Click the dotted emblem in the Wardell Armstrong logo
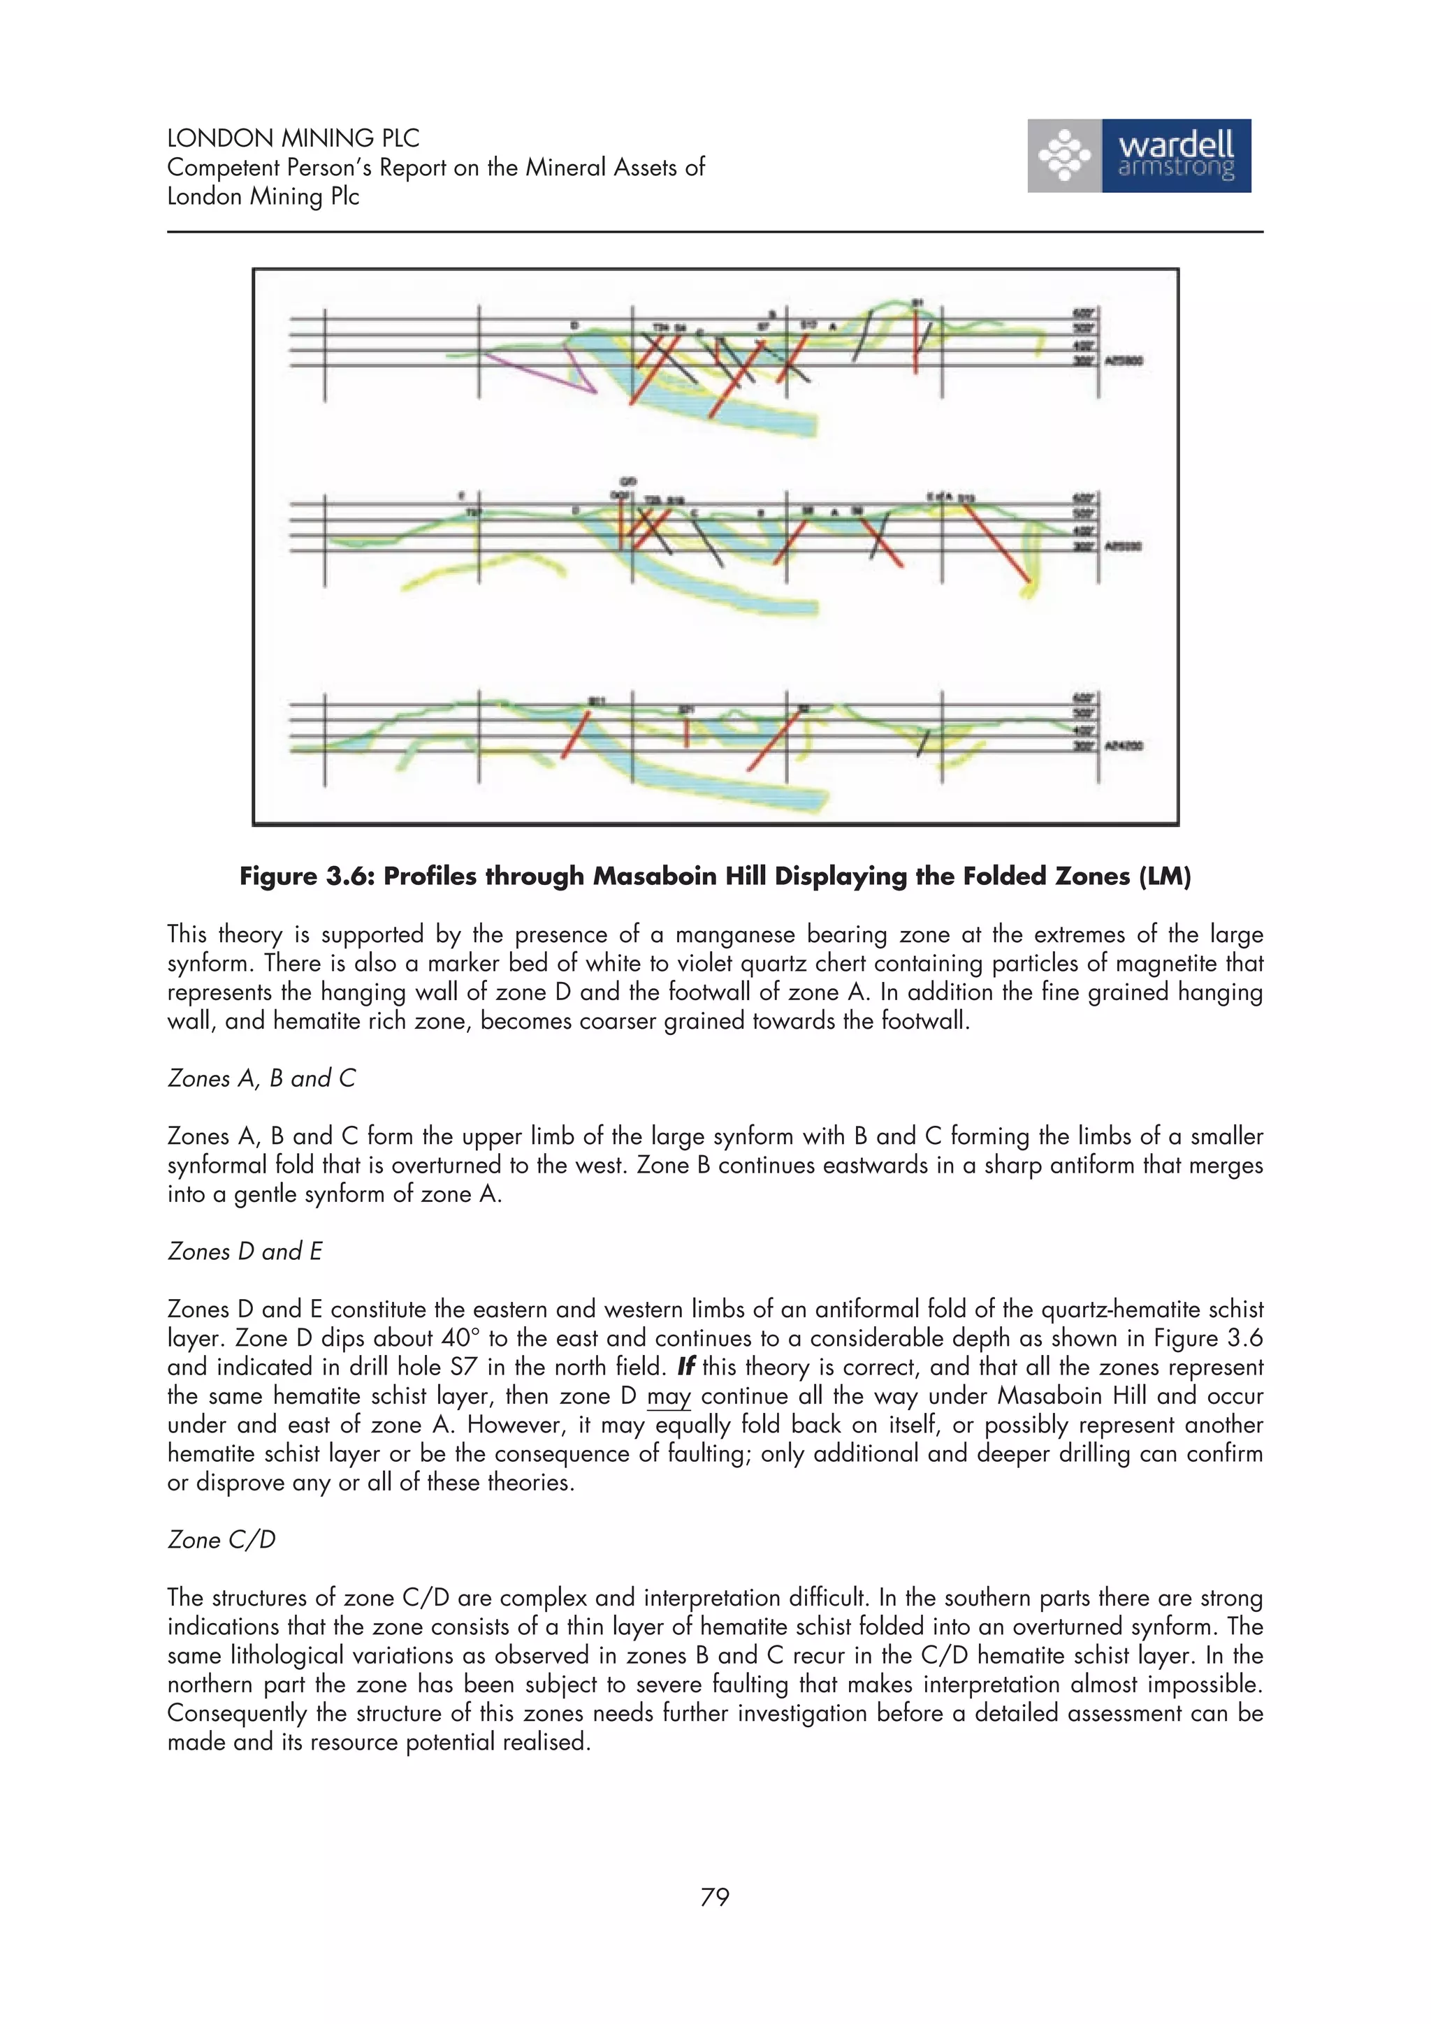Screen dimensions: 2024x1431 pyautogui.click(x=1064, y=156)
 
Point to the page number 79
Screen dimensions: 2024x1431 pyautogui.click(x=714, y=1896)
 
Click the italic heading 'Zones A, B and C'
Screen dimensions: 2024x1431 pyautogui.click(x=261, y=1078)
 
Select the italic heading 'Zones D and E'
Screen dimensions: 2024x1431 pyautogui.click(x=245, y=1251)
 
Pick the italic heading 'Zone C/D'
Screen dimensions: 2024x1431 pyautogui.click(x=221, y=1539)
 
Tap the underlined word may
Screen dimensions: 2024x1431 pyautogui.click(x=668, y=1396)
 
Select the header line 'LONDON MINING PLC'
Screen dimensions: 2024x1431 pyautogui.click(x=293, y=138)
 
